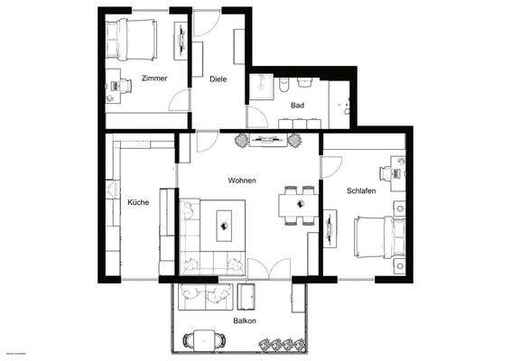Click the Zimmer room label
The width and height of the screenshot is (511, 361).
[x=154, y=79]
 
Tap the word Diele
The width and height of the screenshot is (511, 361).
[x=218, y=79]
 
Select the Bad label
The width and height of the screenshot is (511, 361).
[x=297, y=106]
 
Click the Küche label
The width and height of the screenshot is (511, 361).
[x=138, y=202]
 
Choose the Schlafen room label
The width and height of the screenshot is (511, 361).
[x=361, y=191]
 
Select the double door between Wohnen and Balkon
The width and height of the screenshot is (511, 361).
[x=271, y=268]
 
